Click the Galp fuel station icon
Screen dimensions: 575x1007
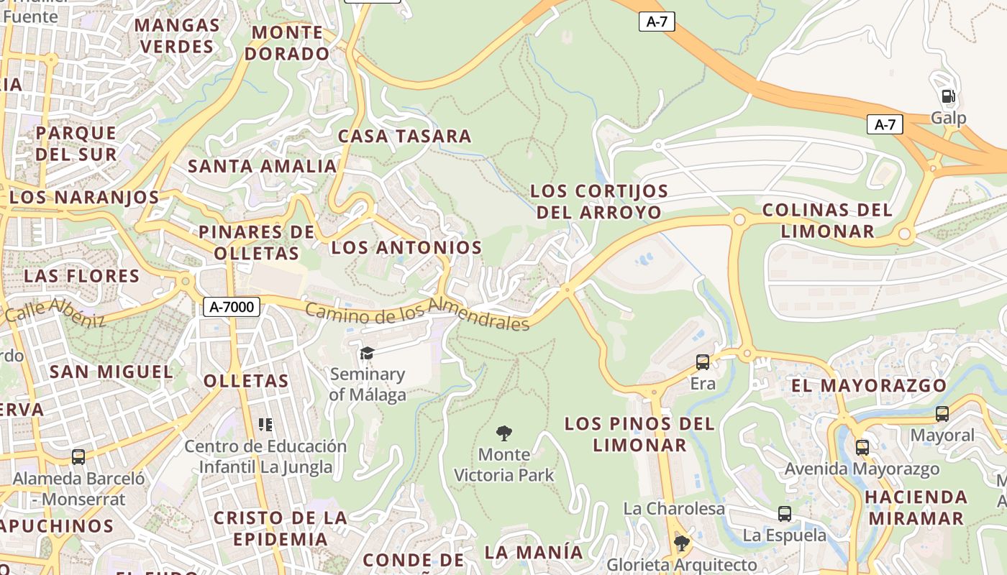pos(948,96)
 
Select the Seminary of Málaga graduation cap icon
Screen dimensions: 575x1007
pos(367,353)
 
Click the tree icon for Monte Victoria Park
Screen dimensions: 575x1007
pos(504,433)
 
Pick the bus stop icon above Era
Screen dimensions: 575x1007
pos(703,362)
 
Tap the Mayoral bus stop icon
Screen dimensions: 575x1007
pos(942,414)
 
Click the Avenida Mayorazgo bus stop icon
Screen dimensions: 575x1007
pos(862,448)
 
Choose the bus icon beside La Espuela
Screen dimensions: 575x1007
pos(784,514)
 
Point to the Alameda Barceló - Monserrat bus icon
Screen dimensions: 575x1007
pos(78,456)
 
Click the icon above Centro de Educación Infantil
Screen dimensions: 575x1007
pos(265,425)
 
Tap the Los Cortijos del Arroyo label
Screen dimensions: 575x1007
pos(599,202)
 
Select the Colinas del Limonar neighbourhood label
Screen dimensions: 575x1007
pos(827,221)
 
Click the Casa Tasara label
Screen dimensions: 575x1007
pos(404,136)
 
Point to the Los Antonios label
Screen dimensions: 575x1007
pos(406,247)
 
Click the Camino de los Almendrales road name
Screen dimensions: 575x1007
pos(417,315)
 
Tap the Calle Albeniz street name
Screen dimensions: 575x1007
pos(55,313)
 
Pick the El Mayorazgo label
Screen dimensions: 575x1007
pos(869,386)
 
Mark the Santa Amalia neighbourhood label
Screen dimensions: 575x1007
pos(262,166)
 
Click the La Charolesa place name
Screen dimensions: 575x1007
pos(674,509)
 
